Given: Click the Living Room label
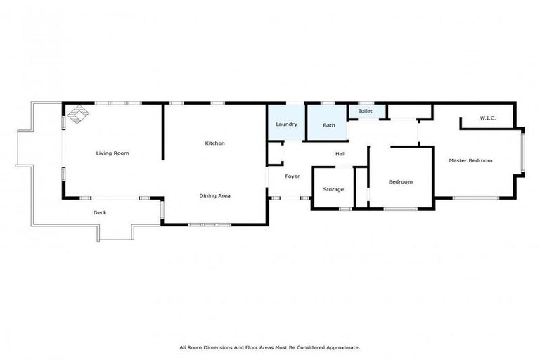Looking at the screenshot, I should [112, 153].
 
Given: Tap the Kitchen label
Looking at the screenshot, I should [214, 143].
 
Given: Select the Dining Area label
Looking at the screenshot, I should [214, 195].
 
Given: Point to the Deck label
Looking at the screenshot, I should [100, 212].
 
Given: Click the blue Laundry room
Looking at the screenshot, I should [285, 124].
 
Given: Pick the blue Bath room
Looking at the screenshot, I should [328, 125].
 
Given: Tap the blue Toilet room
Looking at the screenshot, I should [366, 111].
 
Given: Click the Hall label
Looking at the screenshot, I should [340, 154].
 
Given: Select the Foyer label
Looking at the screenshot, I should [292, 176].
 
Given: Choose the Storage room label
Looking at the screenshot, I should [333, 189].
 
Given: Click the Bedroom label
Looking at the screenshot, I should [401, 182].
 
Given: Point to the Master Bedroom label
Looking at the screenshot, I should [470, 160].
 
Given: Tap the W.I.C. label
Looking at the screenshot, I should [488, 118].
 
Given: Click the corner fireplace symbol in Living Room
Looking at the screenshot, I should [76, 113].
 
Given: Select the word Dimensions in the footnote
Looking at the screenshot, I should [229, 347].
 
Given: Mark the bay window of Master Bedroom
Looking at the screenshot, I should [522, 151].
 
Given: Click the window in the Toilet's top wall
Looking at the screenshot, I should [366, 103].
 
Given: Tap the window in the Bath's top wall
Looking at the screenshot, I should [327, 103].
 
